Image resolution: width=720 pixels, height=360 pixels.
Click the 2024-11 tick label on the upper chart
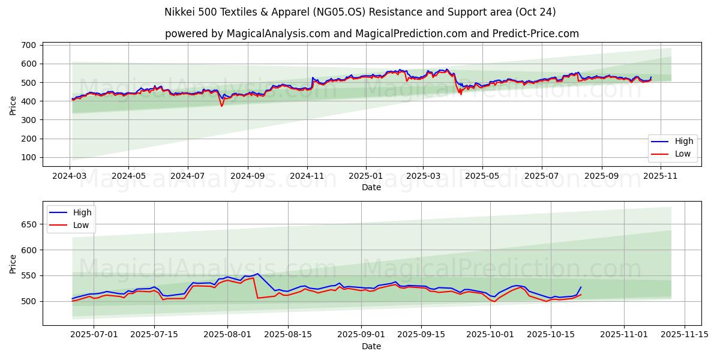[307, 176]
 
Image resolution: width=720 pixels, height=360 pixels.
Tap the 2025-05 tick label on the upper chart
[483, 176]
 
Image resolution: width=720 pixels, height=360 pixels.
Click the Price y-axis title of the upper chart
[13, 105]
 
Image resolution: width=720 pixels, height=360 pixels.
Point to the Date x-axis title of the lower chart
[371, 346]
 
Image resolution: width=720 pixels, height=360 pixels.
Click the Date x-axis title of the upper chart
[371, 187]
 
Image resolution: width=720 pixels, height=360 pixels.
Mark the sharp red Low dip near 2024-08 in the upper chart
[221, 106]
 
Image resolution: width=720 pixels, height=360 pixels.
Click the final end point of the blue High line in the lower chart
[581, 287]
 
